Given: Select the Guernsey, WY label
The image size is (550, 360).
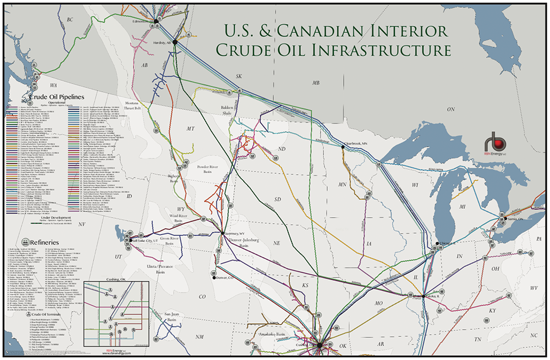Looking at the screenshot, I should click(234, 233).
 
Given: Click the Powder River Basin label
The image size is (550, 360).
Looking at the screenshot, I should click(200, 169).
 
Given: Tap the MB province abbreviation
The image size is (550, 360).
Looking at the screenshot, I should click(316, 83).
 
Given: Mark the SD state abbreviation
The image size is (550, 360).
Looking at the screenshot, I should click(277, 198).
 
